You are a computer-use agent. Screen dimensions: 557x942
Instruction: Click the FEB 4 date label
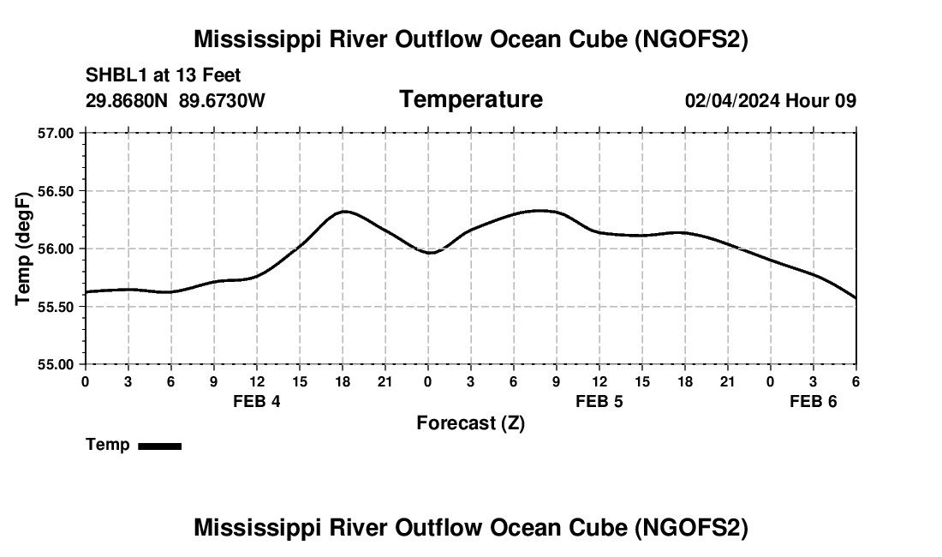tap(257, 401)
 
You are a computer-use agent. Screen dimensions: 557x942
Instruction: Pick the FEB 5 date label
tap(599, 401)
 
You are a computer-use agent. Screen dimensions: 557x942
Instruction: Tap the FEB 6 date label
tap(813, 401)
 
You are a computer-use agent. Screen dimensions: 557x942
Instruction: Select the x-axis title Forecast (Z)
tap(470, 423)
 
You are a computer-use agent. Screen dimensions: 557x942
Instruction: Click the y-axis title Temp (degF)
tap(24, 249)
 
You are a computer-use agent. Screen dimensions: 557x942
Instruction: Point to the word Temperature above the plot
tap(471, 99)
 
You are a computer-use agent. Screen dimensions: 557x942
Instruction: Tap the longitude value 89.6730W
tap(222, 101)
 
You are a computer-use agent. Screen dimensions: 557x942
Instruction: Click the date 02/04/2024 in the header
tap(732, 101)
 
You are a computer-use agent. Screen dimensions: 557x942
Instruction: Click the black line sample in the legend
tap(159, 446)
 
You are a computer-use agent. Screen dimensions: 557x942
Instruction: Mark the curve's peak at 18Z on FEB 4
tap(343, 211)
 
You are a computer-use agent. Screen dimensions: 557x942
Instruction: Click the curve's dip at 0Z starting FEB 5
tap(430, 253)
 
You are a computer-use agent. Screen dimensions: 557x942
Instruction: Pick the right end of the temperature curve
tap(856, 298)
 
